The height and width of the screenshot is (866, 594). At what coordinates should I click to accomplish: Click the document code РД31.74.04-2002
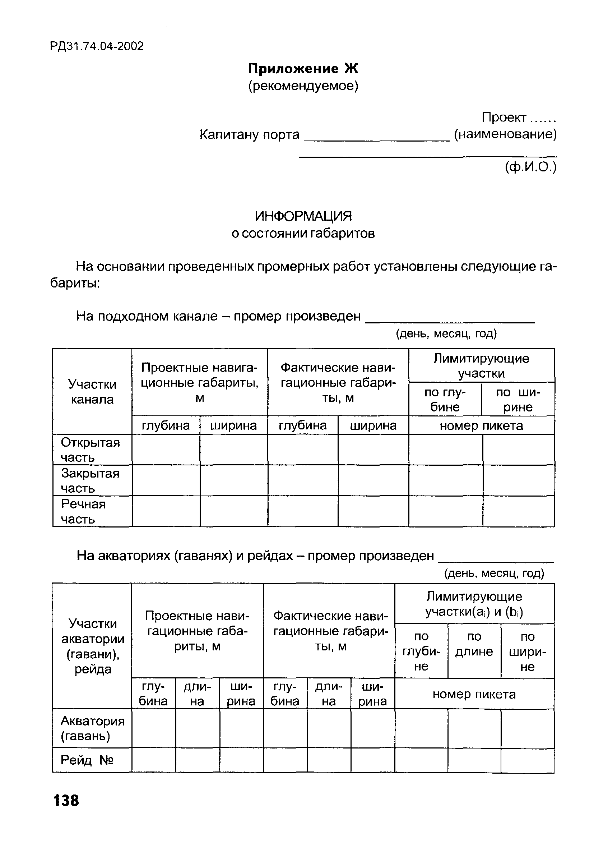(x=97, y=46)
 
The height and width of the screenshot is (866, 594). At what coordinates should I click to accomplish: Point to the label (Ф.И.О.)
(x=530, y=167)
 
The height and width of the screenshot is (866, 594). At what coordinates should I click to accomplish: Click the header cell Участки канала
(x=92, y=392)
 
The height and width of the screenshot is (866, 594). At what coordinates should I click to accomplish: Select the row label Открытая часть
(x=90, y=450)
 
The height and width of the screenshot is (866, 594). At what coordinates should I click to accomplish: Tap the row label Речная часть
(x=83, y=511)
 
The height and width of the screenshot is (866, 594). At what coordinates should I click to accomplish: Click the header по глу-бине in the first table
(x=445, y=400)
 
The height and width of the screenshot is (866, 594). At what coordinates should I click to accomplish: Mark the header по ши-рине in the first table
(x=518, y=400)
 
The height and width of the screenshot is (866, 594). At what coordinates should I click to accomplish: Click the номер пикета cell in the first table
(x=481, y=425)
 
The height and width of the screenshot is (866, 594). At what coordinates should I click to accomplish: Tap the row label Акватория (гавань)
(x=92, y=728)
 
